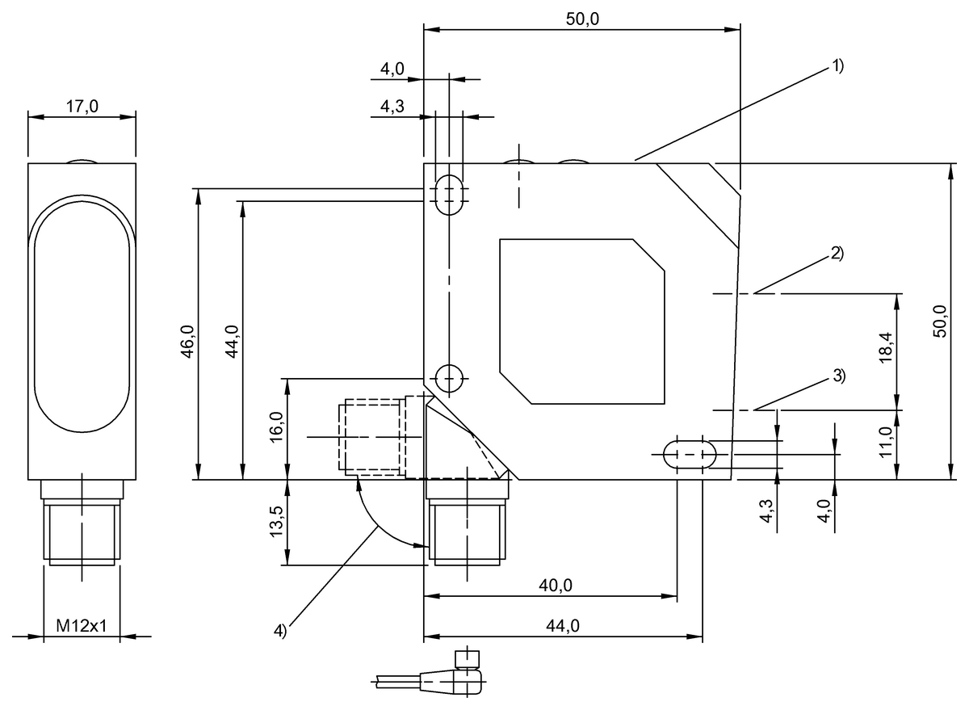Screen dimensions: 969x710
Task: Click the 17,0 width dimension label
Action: (x=82, y=107)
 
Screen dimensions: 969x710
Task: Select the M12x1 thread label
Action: (x=82, y=626)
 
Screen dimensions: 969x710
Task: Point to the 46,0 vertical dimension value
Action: (x=187, y=342)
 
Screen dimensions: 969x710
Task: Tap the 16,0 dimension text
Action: (x=276, y=426)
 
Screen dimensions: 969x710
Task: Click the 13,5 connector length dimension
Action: (x=276, y=522)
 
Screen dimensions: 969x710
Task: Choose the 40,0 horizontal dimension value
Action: (x=556, y=586)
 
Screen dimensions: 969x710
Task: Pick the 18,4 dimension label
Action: (x=886, y=347)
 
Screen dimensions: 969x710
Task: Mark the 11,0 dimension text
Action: (x=886, y=442)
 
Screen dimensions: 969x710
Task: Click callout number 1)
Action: (x=837, y=66)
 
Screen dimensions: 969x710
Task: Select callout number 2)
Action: (x=837, y=254)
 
